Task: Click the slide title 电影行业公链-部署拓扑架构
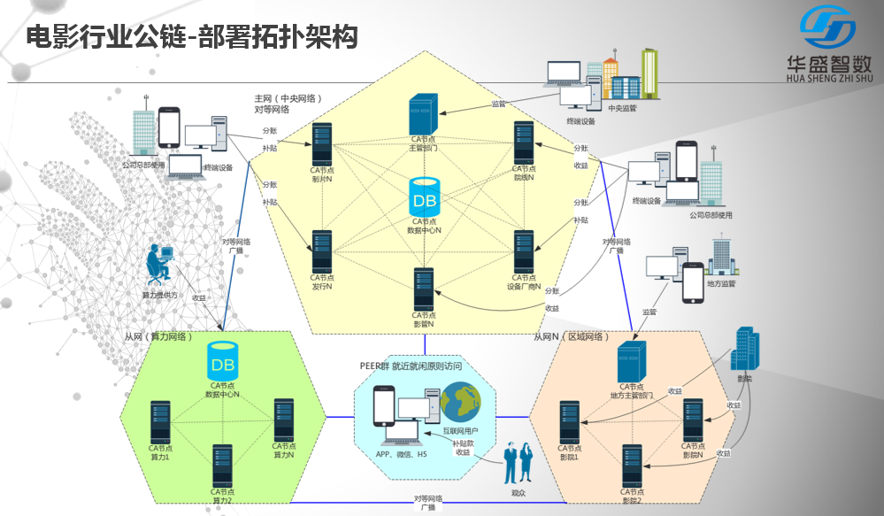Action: click(190, 36)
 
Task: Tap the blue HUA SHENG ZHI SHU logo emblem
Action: click(827, 28)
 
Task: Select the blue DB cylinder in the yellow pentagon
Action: click(424, 197)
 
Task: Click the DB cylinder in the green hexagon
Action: click(222, 363)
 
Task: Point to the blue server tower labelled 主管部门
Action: click(424, 114)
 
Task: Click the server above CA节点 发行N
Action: click(321, 251)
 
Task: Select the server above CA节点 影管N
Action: click(424, 288)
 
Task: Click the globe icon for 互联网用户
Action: click(459, 403)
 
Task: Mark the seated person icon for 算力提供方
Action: click(160, 266)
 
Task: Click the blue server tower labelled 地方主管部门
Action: click(632, 362)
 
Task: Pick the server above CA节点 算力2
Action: click(222, 465)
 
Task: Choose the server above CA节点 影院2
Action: click(632, 465)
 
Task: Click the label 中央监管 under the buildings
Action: click(623, 108)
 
